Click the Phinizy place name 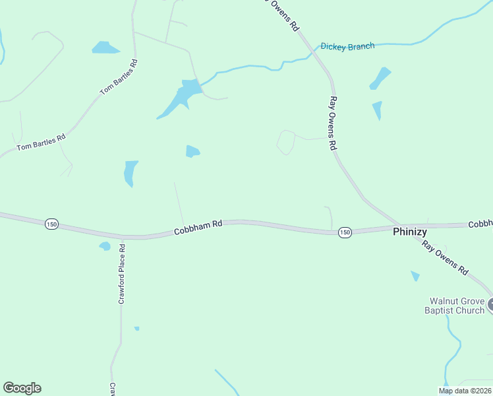410,232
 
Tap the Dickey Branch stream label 347,46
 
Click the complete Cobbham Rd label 198,228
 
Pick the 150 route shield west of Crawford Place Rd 51,224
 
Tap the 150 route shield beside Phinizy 344,232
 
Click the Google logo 22,388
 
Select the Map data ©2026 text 465,391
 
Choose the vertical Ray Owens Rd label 333,123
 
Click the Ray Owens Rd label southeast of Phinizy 445,257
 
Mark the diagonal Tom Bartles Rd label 119,77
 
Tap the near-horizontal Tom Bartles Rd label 42,141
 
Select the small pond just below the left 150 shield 105,246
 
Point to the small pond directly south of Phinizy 415,276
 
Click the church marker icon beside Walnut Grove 491,306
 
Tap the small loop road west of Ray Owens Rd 285,142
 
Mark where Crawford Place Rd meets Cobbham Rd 122,236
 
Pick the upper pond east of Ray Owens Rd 381,77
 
